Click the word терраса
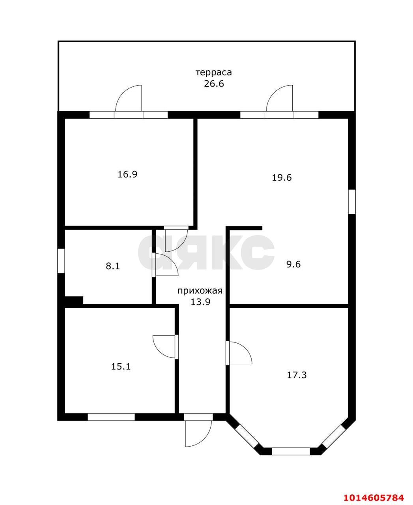tap(213, 73)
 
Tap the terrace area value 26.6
tap(214, 84)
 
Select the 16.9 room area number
tap(127, 174)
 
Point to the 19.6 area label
tap(282, 178)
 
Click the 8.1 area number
tap(113, 266)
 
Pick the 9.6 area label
tap(293, 264)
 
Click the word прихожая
tap(200, 291)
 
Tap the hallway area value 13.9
tap(200, 302)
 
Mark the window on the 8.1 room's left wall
tap(61, 261)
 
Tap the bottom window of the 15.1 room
tap(111, 417)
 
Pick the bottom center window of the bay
tap(291, 451)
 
